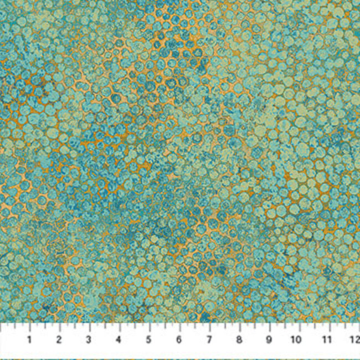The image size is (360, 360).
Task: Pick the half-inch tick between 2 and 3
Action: click(x=74, y=327)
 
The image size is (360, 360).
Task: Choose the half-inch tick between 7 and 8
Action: click(x=224, y=327)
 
